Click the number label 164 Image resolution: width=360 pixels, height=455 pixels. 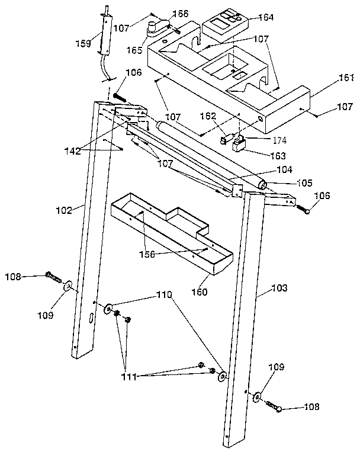(x=265, y=17)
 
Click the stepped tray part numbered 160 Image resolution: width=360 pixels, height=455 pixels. (x=172, y=237)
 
